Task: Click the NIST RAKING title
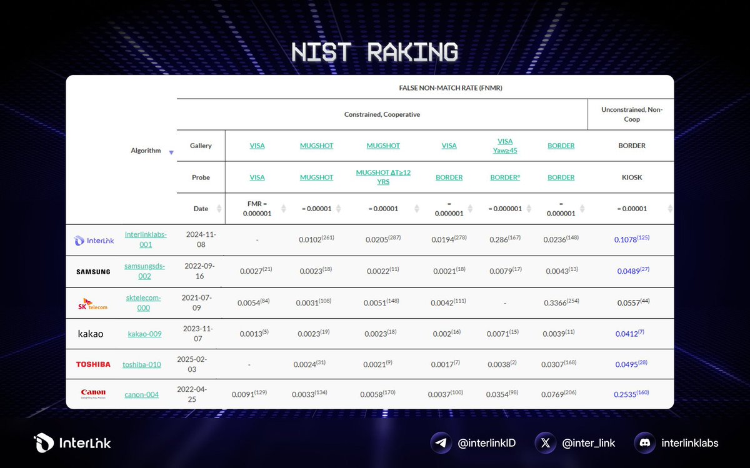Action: pos(374,52)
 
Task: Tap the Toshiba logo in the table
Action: pos(93,364)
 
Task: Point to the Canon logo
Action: pos(93,394)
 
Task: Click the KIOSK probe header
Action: pos(631,177)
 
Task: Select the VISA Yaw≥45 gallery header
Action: pos(505,146)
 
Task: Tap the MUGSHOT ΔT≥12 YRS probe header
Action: pos(383,177)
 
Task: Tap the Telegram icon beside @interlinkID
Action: pos(441,443)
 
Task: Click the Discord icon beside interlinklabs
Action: pos(644,443)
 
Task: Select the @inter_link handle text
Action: pos(588,443)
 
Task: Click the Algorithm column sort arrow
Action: pos(171,152)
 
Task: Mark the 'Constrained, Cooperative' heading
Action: pos(382,115)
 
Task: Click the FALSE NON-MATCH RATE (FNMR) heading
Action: pos(450,88)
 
